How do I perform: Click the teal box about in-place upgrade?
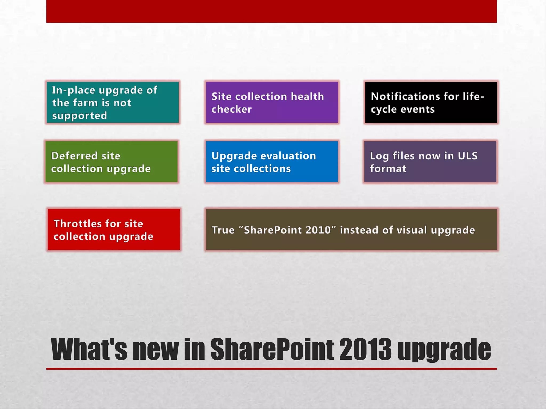113,103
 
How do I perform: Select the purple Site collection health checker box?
272,103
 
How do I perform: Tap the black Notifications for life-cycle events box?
431,103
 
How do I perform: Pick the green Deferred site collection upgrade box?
111,162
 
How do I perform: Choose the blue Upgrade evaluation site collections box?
272,162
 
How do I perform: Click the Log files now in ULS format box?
430,162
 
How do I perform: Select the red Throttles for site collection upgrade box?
114,230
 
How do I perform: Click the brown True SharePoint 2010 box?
351,230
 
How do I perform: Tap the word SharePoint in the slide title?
272,349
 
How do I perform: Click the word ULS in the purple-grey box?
467,156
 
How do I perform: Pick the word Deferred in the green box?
74,156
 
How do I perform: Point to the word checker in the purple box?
231,109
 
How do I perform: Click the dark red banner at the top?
271,11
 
